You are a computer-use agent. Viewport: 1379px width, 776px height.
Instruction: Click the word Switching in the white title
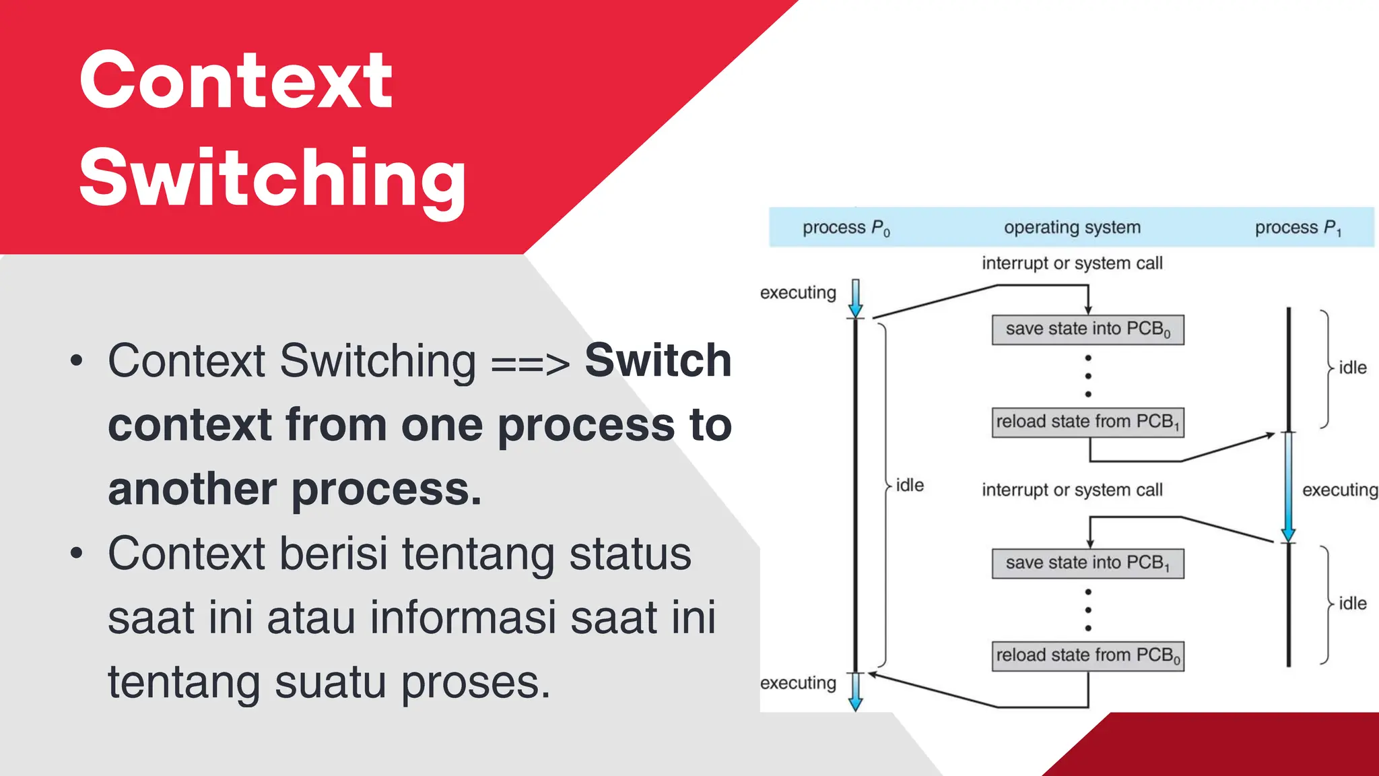coord(272,179)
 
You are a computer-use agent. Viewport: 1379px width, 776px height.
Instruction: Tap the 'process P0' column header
coord(846,228)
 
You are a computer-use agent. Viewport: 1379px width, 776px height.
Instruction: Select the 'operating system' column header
coord(1072,228)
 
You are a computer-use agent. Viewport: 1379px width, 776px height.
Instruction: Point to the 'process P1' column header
coord(1298,228)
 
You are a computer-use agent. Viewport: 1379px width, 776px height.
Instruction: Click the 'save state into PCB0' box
coord(1087,329)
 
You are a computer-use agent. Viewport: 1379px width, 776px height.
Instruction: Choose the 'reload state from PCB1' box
coord(1087,422)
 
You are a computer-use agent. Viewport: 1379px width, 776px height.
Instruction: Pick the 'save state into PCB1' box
coord(1087,563)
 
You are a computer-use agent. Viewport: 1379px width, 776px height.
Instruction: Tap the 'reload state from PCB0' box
coord(1087,655)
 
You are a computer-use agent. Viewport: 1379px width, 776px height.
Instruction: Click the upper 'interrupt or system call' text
coord(1072,263)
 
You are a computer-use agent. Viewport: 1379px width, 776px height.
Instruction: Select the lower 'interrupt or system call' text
coord(1072,490)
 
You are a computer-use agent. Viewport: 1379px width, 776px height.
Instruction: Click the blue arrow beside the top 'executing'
coord(856,298)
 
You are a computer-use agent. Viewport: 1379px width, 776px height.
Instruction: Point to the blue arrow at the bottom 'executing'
coord(856,692)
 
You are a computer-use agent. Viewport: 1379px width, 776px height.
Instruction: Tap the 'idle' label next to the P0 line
coord(910,486)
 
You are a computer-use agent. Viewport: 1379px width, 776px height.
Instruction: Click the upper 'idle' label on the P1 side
coord(1352,368)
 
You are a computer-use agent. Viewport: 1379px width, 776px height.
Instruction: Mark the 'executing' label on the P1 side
coord(1339,490)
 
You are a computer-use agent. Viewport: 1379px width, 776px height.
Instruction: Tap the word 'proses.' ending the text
coord(476,682)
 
